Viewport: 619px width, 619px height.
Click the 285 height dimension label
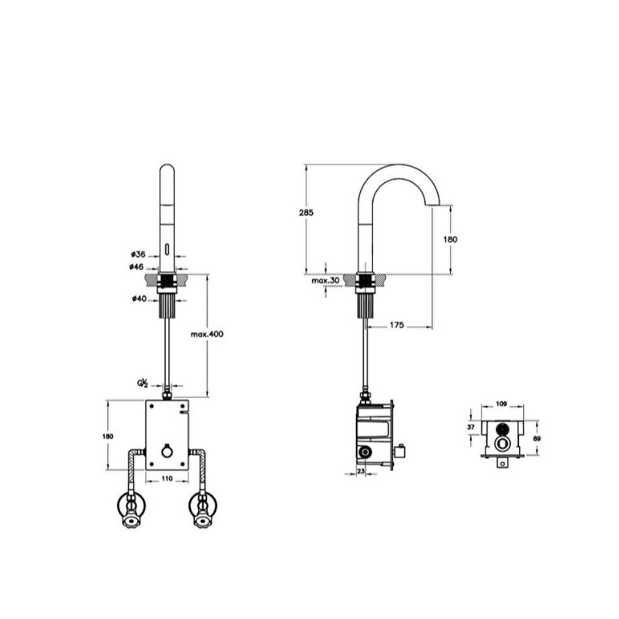(x=306, y=212)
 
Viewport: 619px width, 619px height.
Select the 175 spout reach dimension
(x=396, y=324)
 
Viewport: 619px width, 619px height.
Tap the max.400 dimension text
(x=207, y=334)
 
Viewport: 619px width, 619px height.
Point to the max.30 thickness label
(x=325, y=281)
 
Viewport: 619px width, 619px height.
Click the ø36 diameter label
(x=139, y=254)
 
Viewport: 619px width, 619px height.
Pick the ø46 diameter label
(x=136, y=267)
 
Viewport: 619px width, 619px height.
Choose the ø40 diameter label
(x=140, y=298)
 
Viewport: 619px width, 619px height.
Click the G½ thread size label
(x=142, y=383)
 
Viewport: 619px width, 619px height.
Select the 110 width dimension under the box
(x=167, y=478)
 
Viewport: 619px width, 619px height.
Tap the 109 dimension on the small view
(x=501, y=404)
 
